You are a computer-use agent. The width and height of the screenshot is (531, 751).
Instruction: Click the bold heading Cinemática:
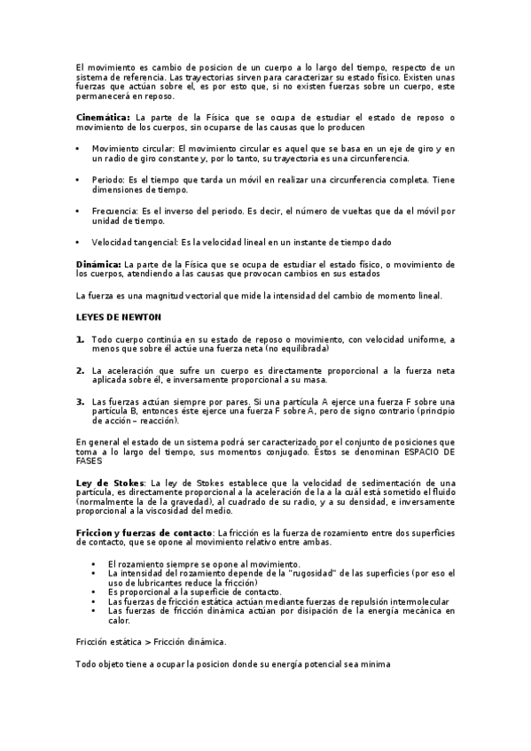[103, 117]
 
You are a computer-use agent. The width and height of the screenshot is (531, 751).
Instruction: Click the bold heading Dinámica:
[98, 264]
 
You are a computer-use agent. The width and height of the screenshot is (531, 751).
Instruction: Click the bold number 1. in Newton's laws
[81, 339]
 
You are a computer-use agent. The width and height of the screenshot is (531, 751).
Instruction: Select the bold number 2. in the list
[81, 370]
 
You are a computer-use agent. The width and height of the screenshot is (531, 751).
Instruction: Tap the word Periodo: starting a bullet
[109, 180]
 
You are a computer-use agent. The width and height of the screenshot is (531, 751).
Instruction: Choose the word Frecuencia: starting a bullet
[115, 211]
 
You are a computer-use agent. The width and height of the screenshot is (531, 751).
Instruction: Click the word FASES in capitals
[90, 461]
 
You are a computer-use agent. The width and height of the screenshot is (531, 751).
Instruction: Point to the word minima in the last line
[372, 664]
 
